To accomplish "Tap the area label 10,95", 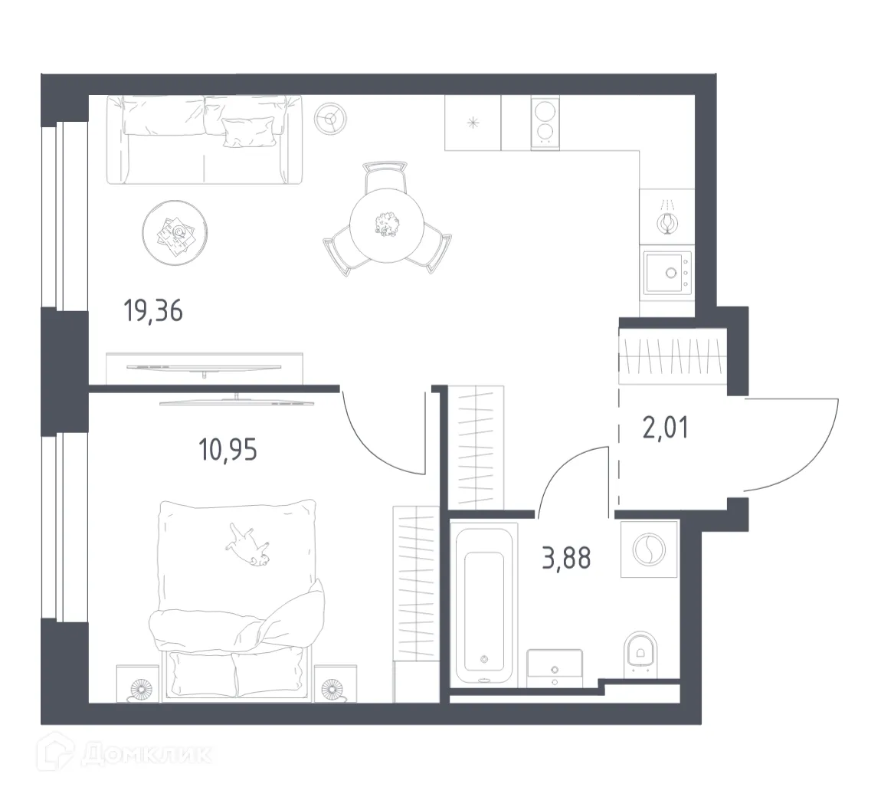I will point(228,449).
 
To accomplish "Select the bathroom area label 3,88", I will point(566,559).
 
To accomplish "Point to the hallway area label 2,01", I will point(664,426).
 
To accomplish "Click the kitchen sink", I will point(667,272).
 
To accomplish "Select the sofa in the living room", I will point(204,139).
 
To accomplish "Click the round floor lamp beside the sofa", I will point(332,118).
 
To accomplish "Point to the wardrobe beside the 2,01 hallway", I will point(671,354).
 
